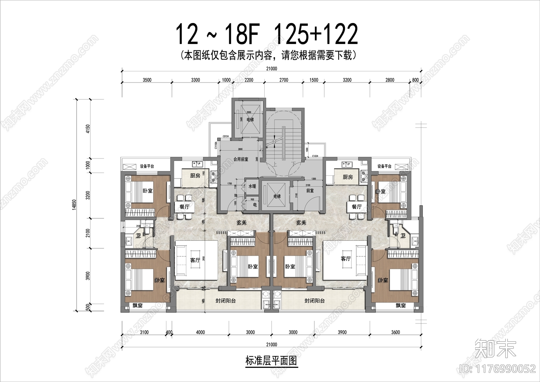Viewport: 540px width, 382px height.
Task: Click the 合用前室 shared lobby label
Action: click(241, 159)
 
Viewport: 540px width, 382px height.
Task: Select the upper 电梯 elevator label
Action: click(250, 120)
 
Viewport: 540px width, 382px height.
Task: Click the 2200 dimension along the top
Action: click(249, 80)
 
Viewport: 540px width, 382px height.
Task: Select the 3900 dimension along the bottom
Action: click(342, 332)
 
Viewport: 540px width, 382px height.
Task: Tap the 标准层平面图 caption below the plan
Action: click(271, 361)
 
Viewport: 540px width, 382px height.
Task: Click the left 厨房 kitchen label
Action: click(195, 176)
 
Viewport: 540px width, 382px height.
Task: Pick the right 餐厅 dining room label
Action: click(357, 207)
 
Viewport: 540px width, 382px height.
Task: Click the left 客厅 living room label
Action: click(195, 260)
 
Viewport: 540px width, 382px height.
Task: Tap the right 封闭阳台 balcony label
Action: click(315, 301)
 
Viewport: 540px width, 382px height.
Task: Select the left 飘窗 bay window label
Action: click(137, 306)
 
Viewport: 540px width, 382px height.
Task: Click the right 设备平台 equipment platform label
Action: click(384, 166)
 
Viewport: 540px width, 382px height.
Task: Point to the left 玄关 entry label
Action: click(242, 222)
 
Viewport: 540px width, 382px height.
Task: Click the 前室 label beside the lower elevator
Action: click(310, 191)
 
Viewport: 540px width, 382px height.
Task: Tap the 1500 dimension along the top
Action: click(314, 80)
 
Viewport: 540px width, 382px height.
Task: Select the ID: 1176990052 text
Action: click(497, 368)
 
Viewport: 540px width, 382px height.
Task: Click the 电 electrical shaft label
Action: click(255, 205)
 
